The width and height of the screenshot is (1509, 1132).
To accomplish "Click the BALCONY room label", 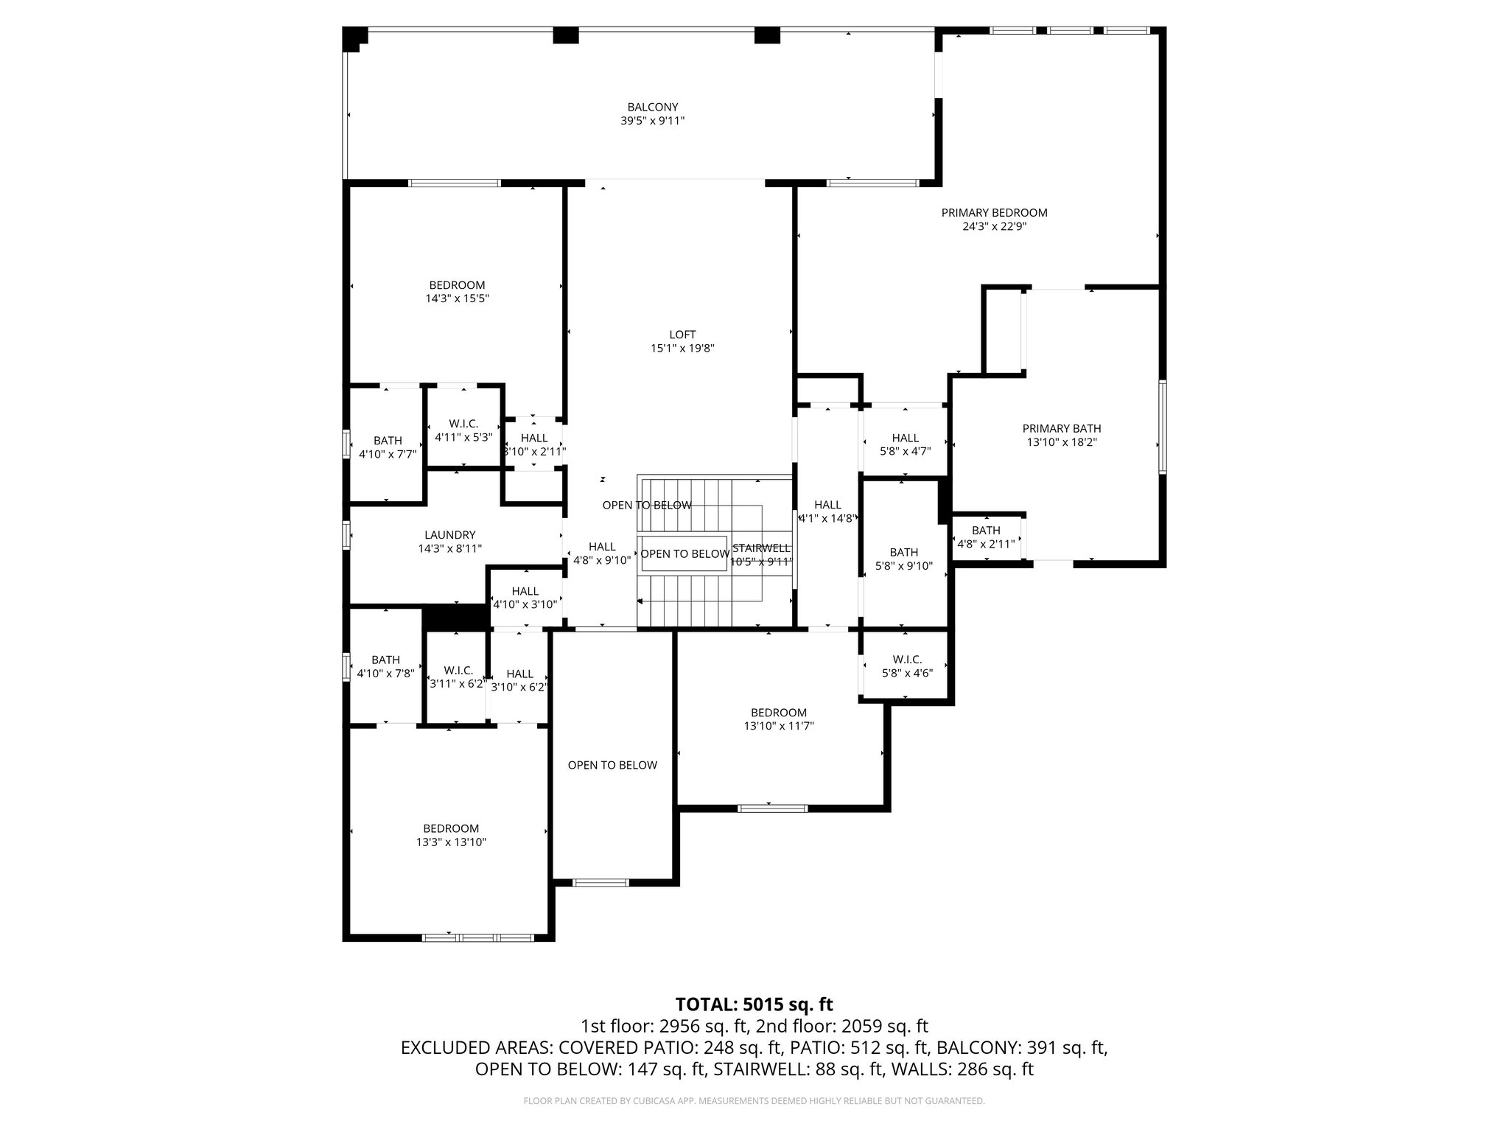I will click(x=652, y=108).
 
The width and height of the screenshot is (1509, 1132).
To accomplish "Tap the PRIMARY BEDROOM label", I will click(x=994, y=213).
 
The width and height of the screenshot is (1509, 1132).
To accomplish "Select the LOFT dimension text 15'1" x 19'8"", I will click(x=682, y=349).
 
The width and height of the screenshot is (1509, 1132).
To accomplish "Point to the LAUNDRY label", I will click(x=449, y=535).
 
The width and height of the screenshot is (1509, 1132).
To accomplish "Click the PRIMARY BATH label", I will click(x=1061, y=429).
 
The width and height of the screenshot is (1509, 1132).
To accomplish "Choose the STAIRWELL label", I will click(x=761, y=548).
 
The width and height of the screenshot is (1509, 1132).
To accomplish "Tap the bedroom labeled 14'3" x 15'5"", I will click(x=457, y=292).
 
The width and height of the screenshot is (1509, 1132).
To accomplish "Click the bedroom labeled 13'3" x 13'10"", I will click(x=450, y=835).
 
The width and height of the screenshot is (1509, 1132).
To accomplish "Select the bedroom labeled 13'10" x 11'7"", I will click(x=778, y=719).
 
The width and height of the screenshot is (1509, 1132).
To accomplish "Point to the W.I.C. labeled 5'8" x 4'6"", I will click(x=906, y=666).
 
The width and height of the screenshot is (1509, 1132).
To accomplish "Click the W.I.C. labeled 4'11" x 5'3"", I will click(x=463, y=430).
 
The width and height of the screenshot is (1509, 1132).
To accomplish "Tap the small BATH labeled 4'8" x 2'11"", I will click(x=985, y=537).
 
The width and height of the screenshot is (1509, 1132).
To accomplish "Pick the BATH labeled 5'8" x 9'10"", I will click(x=903, y=559).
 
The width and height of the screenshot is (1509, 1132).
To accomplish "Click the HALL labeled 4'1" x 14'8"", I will click(x=827, y=511).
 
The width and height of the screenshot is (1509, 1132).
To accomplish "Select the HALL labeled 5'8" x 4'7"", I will click(x=905, y=444).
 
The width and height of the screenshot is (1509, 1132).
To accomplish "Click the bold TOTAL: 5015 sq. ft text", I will click(x=754, y=1005).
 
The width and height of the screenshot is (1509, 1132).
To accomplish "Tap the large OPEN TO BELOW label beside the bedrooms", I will click(x=612, y=765).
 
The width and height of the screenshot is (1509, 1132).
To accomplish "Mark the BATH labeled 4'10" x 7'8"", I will click(x=385, y=667).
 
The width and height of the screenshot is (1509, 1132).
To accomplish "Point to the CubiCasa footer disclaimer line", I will click(x=754, y=1101).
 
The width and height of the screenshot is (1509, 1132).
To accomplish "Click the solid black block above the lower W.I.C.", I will click(x=455, y=618).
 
